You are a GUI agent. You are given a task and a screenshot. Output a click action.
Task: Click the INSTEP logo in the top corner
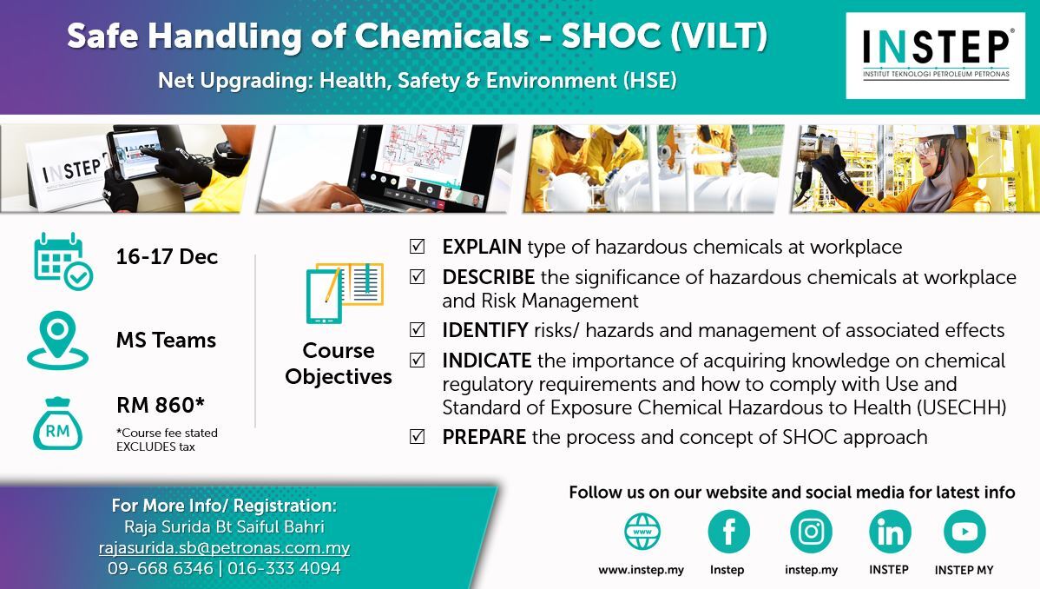pos(935,56)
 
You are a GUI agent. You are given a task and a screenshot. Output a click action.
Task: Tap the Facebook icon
pos(728,532)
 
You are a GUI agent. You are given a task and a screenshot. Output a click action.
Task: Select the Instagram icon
pos(811,532)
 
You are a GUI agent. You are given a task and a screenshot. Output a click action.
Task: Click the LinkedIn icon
pos(890,532)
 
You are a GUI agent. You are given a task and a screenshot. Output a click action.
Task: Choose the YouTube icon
pos(964,532)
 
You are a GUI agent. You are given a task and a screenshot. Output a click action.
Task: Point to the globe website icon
pos(642,531)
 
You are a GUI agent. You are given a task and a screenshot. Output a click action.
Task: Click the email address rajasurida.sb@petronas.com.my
pos(224,548)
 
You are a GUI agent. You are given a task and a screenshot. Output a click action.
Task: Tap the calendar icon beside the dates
pos(63,261)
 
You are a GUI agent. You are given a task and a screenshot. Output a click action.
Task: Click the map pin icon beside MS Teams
pos(57,340)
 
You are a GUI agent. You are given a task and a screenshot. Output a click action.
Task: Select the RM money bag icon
pos(57,424)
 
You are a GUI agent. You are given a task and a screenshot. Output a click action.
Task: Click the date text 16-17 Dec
pos(167,257)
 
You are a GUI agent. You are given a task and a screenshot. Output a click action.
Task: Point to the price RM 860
pos(161,405)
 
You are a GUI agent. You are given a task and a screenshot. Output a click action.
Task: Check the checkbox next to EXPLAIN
pos(418,247)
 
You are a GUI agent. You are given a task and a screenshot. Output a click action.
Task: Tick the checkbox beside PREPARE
pos(418,436)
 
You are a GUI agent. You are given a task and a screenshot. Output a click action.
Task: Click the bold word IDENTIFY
pos(485,330)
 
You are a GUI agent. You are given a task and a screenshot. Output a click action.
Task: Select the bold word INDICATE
pos(487,361)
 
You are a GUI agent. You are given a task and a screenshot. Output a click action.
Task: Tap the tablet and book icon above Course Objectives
pos(345,293)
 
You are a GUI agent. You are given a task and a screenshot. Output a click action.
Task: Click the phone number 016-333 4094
pos(284,568)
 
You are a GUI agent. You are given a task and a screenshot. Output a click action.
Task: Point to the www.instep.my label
pos(641,570)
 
